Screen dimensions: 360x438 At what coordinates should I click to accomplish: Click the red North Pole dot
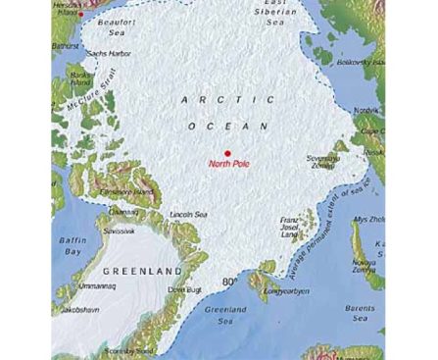[x=227, y=152]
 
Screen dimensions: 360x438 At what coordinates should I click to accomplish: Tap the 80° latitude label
[x=230, y=283]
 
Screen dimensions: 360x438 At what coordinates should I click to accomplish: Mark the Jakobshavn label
[x=82, y=310]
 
